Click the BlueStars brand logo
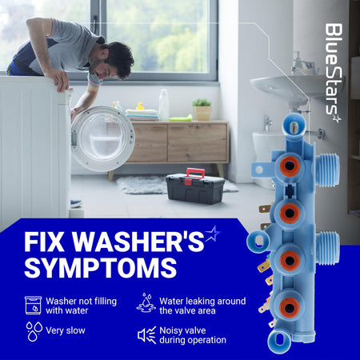334,73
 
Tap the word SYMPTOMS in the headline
101,268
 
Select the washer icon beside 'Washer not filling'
33,305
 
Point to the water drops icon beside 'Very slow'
34,331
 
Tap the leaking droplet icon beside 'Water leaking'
146,303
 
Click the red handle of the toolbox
196,174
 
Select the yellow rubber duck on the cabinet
140,106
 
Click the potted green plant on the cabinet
202,110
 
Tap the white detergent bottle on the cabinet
164,105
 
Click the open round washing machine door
103,138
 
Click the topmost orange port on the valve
290,166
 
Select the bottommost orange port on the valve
290,307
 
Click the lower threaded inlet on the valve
329,248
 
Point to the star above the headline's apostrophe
213,234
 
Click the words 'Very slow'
66,330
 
